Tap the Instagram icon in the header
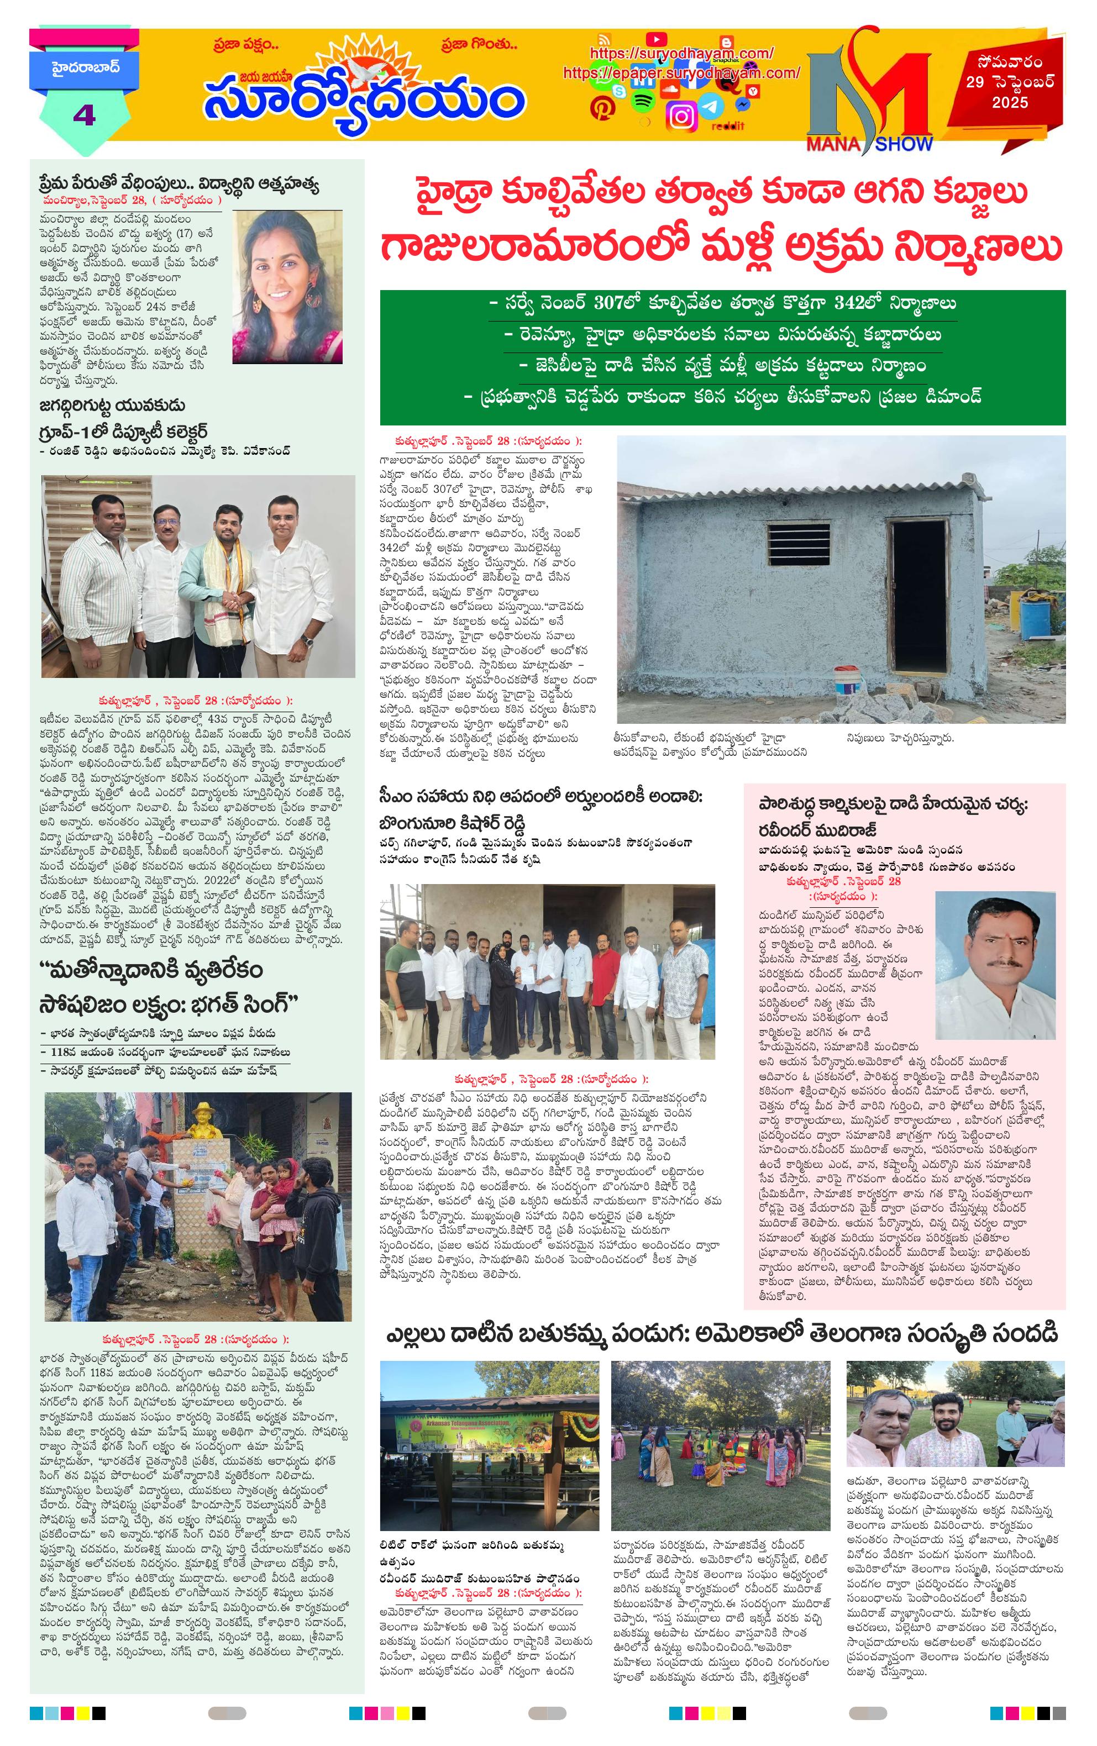[681, 117]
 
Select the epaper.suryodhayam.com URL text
[681, 73]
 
